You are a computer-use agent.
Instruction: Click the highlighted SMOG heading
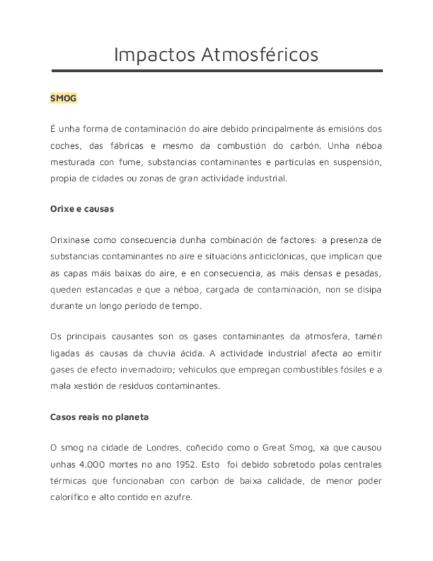pyautogui.click(x=63, y=99)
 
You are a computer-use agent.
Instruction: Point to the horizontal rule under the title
pyautogui.click(x=217, y=71)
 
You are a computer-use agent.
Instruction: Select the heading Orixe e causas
pyautogui.click(x=82, y=209)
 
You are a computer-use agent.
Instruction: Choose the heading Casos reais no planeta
pyautogui.click(x=99, y=417)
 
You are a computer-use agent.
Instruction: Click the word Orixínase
pyautogui.click(x=71, y=239)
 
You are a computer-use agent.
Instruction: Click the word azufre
pyautogui.click(x=177, y=497)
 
